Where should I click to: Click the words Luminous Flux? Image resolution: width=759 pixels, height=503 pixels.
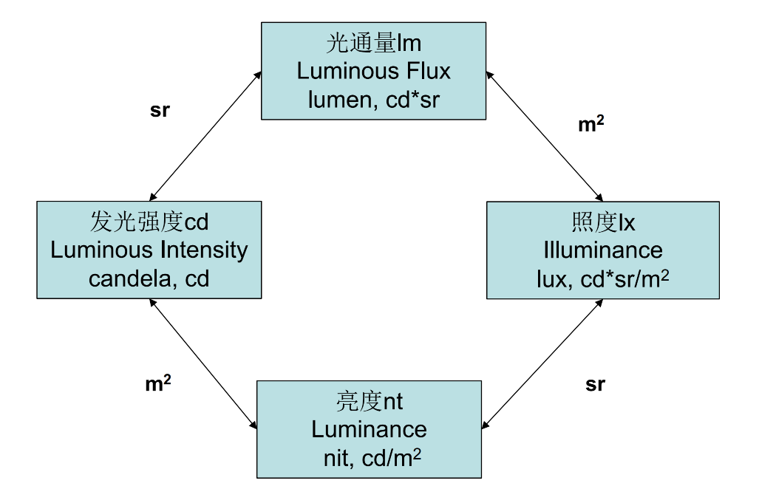(373, 72)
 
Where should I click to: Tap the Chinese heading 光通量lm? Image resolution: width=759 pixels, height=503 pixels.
(373, 44)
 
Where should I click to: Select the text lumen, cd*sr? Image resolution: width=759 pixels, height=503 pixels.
(373, 100)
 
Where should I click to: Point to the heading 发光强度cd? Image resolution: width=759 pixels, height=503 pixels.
(149, 222)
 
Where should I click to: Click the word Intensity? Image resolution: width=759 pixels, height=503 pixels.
(204, 250)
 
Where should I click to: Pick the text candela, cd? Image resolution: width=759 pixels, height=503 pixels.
(149, 278)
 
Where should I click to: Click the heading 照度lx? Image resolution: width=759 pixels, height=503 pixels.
(603, 222)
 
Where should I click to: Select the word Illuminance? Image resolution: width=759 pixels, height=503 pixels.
(603, 250)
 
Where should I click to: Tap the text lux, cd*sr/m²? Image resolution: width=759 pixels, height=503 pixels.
(603, 278)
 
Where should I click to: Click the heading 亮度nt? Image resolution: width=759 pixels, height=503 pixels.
(369, 402)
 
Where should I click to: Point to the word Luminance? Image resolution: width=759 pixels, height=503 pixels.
(369, 429)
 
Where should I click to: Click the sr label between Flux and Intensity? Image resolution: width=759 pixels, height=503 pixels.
(160, 111)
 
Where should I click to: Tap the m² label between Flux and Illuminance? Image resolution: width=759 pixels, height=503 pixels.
(590, 125)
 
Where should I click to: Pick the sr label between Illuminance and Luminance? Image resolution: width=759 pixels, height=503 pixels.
(595, 385)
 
